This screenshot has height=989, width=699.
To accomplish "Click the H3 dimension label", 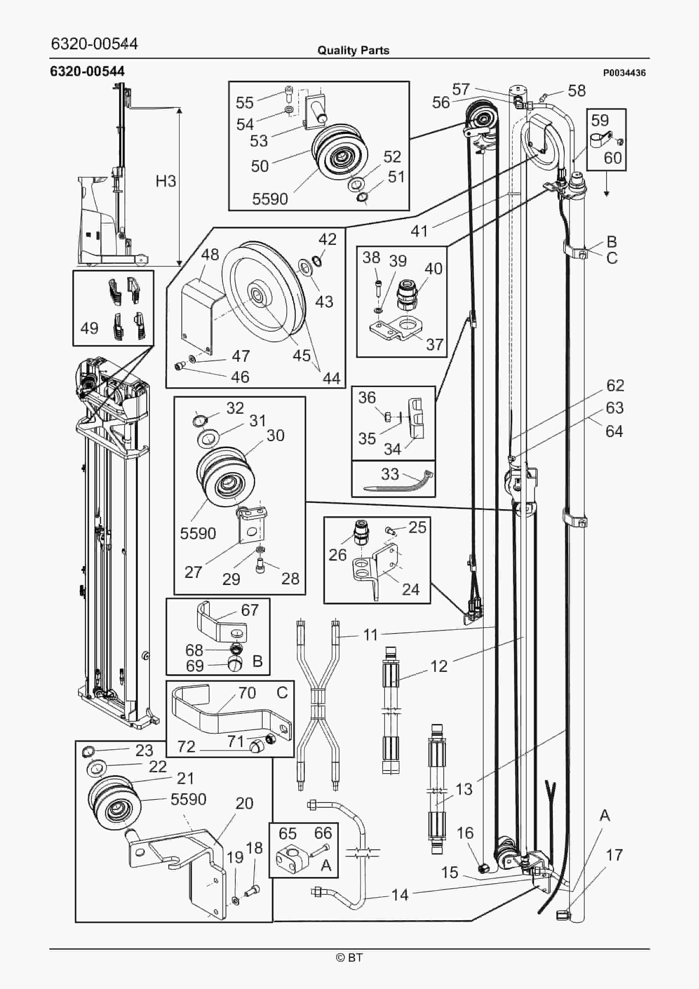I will [x=165, y=181].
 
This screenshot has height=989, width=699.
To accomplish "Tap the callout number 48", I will [x=210, y=255].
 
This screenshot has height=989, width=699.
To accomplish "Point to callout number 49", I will [x=89, y=328].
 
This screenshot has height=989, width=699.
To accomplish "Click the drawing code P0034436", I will [x=624, y=73].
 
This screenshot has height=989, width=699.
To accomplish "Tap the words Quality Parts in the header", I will [x=353, y=51].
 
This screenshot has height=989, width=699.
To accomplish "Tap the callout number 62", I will [x=615, y=385].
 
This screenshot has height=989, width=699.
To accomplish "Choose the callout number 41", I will [x=419, y=231].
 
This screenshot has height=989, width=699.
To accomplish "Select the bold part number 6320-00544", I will [x=88, y=71].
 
